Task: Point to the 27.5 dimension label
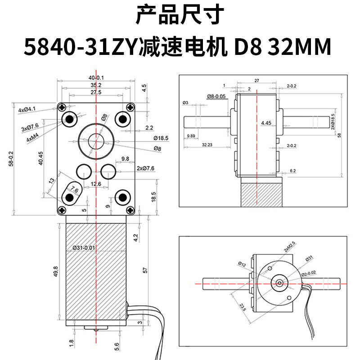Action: (x=95, y=92)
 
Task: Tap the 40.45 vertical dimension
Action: (x=41, y=158)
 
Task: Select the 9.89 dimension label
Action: (x=190, y=135)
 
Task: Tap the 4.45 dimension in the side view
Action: (x=266, y=122)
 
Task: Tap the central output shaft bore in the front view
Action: (x=95, y=139)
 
